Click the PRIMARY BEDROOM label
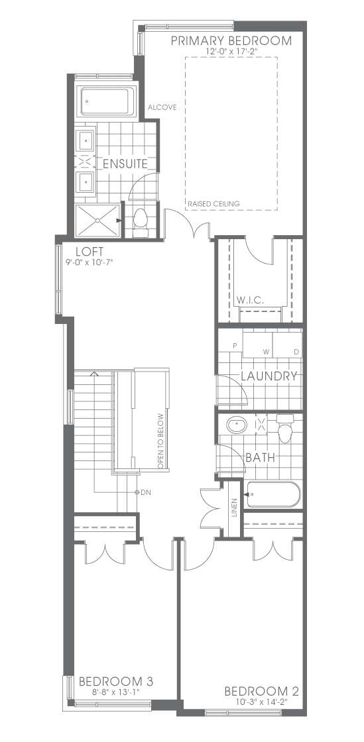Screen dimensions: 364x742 (231, 40)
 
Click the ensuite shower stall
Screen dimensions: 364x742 (98, 220)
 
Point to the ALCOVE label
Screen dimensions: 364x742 (162, 107)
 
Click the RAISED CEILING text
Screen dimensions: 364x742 (214, 204)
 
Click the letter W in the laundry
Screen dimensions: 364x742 (266, 352)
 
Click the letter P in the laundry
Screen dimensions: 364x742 (234, 346)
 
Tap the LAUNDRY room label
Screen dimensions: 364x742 (269, 376)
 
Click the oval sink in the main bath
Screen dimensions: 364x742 (237, 425)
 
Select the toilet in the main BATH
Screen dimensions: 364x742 (284, 429)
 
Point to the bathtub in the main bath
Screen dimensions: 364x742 (273, 494)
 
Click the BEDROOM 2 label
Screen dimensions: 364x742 (261, 692)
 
